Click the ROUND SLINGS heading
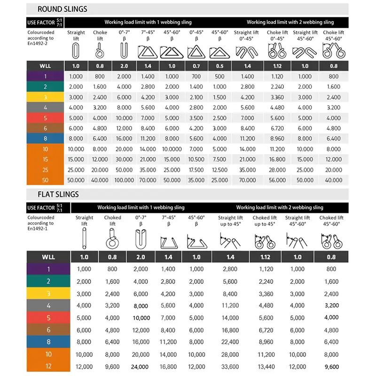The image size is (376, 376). tap(62, 9)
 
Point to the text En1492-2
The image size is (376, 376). tap(39, 44)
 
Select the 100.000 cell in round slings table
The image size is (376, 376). tap(124, 180)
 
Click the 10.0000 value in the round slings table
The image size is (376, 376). tap(172, 149)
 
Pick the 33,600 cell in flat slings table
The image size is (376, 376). tap(230, 367)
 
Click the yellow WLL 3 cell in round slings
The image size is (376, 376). tap(46, 97)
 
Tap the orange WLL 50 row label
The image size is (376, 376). tap(46, 180)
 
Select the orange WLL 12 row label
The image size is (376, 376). tap(48, 367)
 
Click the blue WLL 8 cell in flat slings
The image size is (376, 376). tap(48, 342)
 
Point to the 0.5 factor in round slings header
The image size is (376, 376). tap(220, 66)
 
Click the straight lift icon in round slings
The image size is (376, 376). tap(76, 50)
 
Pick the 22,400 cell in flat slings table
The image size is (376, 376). tap(230, 342)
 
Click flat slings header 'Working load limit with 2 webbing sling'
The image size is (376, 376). tap(279, 207)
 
